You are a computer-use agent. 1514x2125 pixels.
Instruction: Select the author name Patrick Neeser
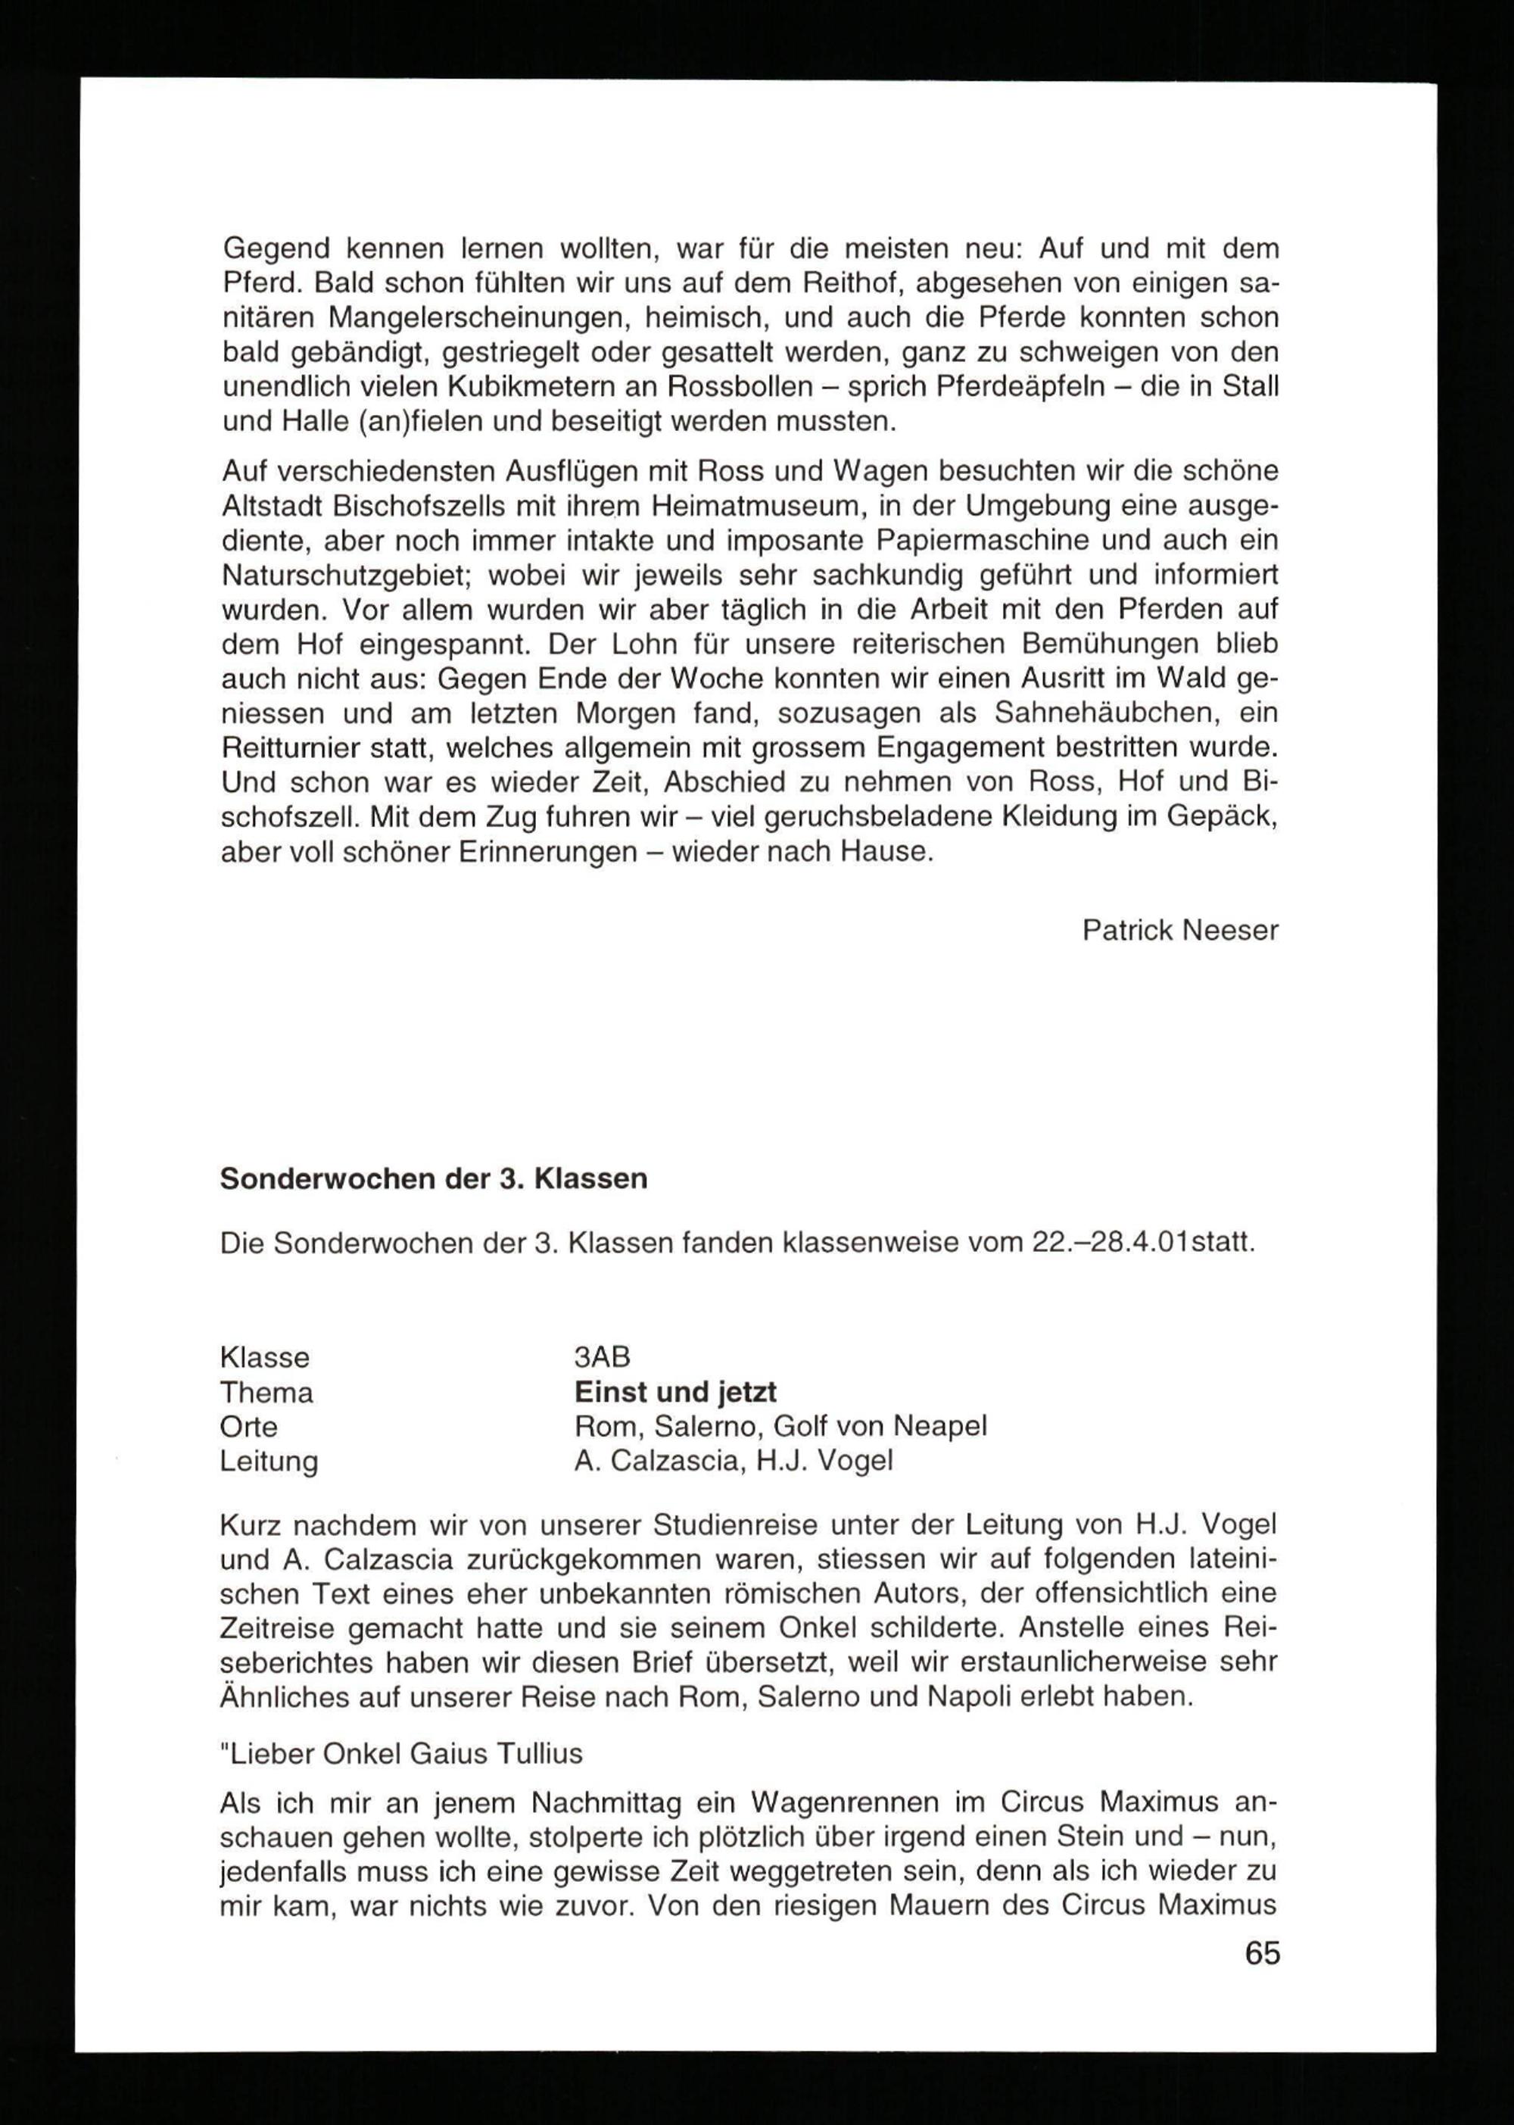coord(1179,930)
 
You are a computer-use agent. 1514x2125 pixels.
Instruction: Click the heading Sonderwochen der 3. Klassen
coord(434,1178)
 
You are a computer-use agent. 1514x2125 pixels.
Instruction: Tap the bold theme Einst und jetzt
coord(675,1392)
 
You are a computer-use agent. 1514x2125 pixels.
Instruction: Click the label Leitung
coord(269,1461)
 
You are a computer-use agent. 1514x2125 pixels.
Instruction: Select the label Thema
coord(266,1393)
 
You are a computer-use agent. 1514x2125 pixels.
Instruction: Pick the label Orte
coord(249,1427)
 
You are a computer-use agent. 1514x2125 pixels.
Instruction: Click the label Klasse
coord(265,1358)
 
